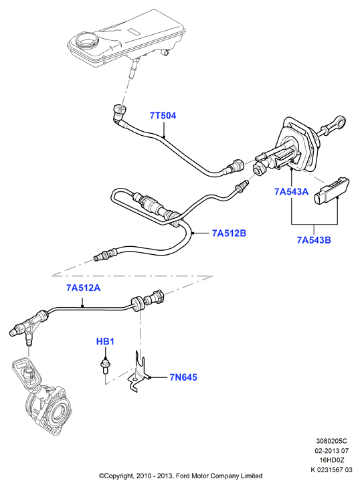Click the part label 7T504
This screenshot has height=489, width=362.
click(x=163, y=116)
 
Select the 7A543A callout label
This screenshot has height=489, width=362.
click(x=292, y=191)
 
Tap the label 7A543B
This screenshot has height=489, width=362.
click(x=314, y=240)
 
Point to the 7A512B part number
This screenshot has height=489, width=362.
click(x=229, y=233)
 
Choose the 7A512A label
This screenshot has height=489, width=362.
click(x=84, y=288)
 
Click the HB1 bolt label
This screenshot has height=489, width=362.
click(x=105, y=341)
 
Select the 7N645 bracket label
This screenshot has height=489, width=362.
click(x=183, y=377)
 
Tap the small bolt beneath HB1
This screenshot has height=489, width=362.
click(x=106, y=366)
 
